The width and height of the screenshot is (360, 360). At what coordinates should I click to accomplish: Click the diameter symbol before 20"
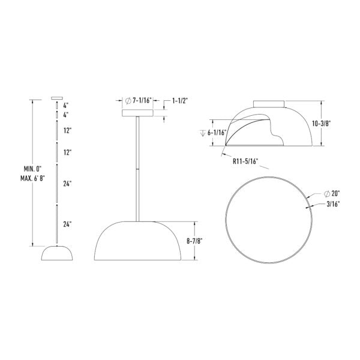point(326,194)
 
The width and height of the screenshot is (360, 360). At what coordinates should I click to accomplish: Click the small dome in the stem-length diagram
point(57,253)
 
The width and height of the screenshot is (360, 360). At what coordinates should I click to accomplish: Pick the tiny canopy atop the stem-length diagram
point(57,98)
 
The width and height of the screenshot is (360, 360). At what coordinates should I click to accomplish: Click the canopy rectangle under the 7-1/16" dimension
point(138,113)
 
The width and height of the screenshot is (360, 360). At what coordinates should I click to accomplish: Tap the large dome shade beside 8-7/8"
point(139,242)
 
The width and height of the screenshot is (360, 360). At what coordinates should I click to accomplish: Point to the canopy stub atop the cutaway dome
point(269,103)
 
